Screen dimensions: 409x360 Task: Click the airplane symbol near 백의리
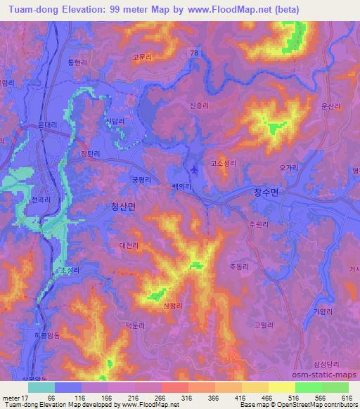pos(193,169)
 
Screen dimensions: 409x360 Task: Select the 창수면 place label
pos(266,191)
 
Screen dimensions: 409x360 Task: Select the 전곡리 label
pos(41,200)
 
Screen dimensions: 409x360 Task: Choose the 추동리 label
pos(240,266)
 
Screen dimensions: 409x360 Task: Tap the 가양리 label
pos(323,292)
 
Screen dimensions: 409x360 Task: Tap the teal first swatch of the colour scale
pos(41,387)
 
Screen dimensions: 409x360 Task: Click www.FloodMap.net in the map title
pos(238,9)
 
